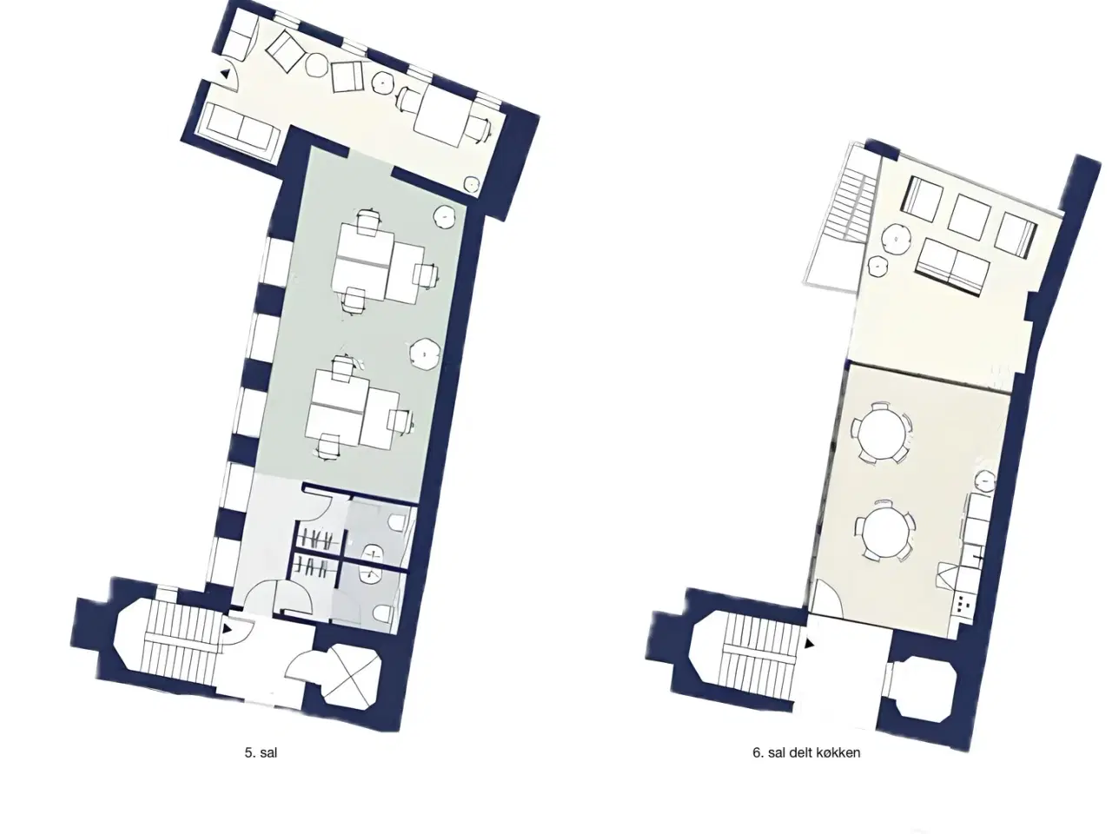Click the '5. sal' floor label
coord(261,752)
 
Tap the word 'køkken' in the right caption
coord(839,752)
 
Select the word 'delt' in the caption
coord(804,752)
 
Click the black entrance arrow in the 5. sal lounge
coord(225,74)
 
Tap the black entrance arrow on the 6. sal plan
coord(809,644)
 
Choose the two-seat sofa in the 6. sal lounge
coord(952,267)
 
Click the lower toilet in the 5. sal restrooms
coord(383,614)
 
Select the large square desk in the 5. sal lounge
coord(442,115)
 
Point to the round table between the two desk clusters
coord(424,352)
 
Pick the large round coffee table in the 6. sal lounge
coord(897,240)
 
